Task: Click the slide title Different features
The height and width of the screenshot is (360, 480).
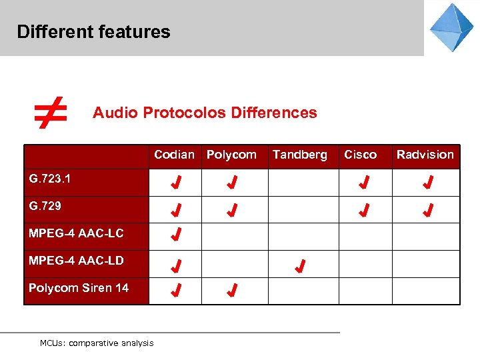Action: click(93, 31)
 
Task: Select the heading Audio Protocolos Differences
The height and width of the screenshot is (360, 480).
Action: click(205, 113)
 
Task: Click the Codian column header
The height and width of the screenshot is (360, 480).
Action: click(174, 155)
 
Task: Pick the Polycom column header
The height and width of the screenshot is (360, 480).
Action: click(231, 155)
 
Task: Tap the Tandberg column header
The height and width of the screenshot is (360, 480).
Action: click(299, 155)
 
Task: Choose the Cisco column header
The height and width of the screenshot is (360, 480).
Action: click(360, 155)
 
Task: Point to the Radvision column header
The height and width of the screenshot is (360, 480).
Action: click(425, 155)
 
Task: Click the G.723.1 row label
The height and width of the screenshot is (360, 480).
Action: click(50, 179)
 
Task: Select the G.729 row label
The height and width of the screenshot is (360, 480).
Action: click(45, 206)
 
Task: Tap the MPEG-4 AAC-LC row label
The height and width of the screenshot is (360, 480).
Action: click(76, 233)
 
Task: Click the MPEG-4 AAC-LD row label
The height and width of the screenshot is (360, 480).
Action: click(76, 261)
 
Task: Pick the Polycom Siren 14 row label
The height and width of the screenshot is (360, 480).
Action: click(79, 288)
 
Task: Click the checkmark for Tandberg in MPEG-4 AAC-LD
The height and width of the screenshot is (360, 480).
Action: click(300, 267)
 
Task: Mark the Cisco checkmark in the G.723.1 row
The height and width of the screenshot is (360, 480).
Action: click(364, 183)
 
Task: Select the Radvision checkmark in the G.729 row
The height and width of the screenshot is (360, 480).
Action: click(429, 211)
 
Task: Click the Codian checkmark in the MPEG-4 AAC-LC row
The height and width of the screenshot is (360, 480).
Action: click(176, 234)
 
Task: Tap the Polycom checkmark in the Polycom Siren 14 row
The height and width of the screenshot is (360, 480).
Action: click(231, 291)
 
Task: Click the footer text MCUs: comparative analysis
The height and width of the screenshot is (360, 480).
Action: click(97, 343)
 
